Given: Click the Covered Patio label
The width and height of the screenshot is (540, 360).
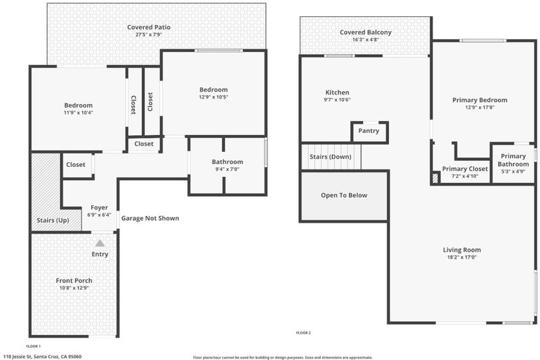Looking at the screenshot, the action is pyautogui.click(x=148, y=27).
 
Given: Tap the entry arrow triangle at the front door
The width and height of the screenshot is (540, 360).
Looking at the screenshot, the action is pyautogui.click(x=100, y=244).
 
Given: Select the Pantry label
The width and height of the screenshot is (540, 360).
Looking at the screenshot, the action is pyautogui.click(x=369, y=131).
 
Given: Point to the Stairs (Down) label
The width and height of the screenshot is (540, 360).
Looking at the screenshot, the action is pyautogui.click(x=330, y=157).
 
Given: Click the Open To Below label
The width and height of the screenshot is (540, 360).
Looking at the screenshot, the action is pyautogui.click(x=344, y=195).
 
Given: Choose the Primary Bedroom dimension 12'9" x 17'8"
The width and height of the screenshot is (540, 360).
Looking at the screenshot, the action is pyautogui.click(x=480, y=107).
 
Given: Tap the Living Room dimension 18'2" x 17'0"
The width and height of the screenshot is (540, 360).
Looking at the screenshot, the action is pyautogui.click(x=462, y=257).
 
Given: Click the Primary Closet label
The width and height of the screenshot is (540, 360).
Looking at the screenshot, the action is pyautogui.click(x=465, y=169).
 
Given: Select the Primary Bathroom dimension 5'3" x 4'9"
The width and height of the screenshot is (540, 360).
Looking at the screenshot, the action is pyautogui.click(x=513, y=171).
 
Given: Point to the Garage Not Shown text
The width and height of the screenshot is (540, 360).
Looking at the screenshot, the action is pyautogui.click(x=150, y=218).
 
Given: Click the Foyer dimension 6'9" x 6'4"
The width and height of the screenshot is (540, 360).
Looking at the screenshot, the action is pyautogui.click(x=99, y=215).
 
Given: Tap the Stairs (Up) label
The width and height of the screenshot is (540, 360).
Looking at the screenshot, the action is pyautogui.click(x=53, y=220).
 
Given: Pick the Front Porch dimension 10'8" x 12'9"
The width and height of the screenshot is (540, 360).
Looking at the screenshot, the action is pyautogui.click(x=74, y=288).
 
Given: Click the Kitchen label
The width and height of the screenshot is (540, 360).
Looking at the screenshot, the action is pyautogui.click(x=337, y=93).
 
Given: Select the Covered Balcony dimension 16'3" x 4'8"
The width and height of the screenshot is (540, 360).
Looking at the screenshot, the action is pyautogui.click(x=365, y=40).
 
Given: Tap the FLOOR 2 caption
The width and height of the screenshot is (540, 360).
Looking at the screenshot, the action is pyautogui.click(x=303, y=333).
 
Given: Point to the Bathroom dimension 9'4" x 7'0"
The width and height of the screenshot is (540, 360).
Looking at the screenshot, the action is pyautogui.click(x=227, y=169).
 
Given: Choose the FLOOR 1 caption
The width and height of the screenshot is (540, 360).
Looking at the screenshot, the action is pyautogui.click(x=33, y=346).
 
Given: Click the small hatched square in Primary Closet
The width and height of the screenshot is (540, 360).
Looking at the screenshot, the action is pyautogui.click(x=435, y=178).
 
